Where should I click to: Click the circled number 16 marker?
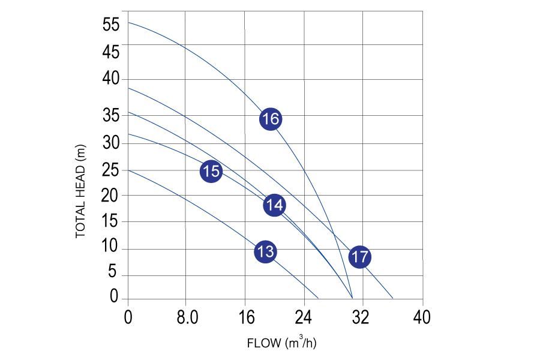271,119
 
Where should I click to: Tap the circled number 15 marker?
211,172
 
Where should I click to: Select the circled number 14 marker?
274,205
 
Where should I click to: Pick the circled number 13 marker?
265,251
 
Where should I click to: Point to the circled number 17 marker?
359,257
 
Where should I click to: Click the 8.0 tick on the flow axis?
186,317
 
